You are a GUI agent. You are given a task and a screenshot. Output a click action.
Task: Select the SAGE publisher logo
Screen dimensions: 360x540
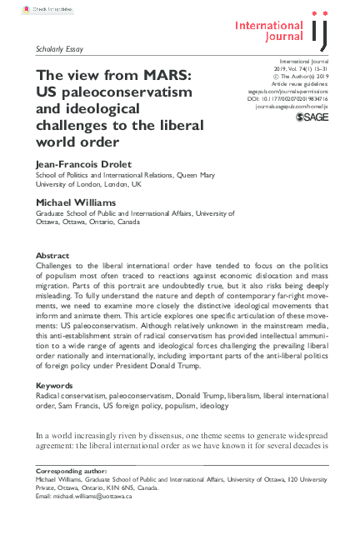tap(312, 119)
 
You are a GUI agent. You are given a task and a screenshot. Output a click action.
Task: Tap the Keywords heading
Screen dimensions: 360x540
tap(55, 386)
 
